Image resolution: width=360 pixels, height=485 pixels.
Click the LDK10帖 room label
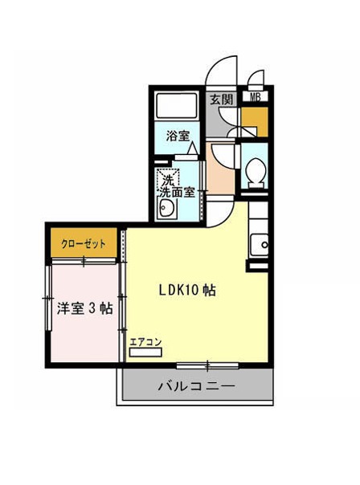tap(187, 291)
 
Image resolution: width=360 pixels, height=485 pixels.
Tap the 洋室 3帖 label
tap(85, 308)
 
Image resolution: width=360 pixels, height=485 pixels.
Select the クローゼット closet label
tap(84, 244)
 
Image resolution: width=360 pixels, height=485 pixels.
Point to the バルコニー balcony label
tap(197, 386)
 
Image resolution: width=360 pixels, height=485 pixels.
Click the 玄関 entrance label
tap(221, 100)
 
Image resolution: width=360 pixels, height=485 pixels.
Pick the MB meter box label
tap(255, 97)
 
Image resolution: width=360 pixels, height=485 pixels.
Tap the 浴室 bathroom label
tap(178, 136)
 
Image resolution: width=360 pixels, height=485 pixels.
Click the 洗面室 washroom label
tap(177, 193)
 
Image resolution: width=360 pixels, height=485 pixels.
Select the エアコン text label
tap(145, 342)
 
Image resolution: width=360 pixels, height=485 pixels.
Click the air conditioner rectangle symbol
tap(145, 353)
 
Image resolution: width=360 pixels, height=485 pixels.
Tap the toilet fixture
tap(256, 173)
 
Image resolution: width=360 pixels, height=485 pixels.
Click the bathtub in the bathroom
tap(177, 105)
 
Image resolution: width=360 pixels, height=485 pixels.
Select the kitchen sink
tap(260, 245)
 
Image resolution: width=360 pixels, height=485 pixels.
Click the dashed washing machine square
tap(168, 179)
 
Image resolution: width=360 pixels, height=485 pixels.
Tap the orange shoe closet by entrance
tap(255, 122)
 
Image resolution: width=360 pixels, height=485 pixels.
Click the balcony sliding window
tap(207, 366)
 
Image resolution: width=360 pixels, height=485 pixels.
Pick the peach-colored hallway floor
tap(220, 169)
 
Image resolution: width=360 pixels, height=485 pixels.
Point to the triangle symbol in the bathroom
tap(193, 148)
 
